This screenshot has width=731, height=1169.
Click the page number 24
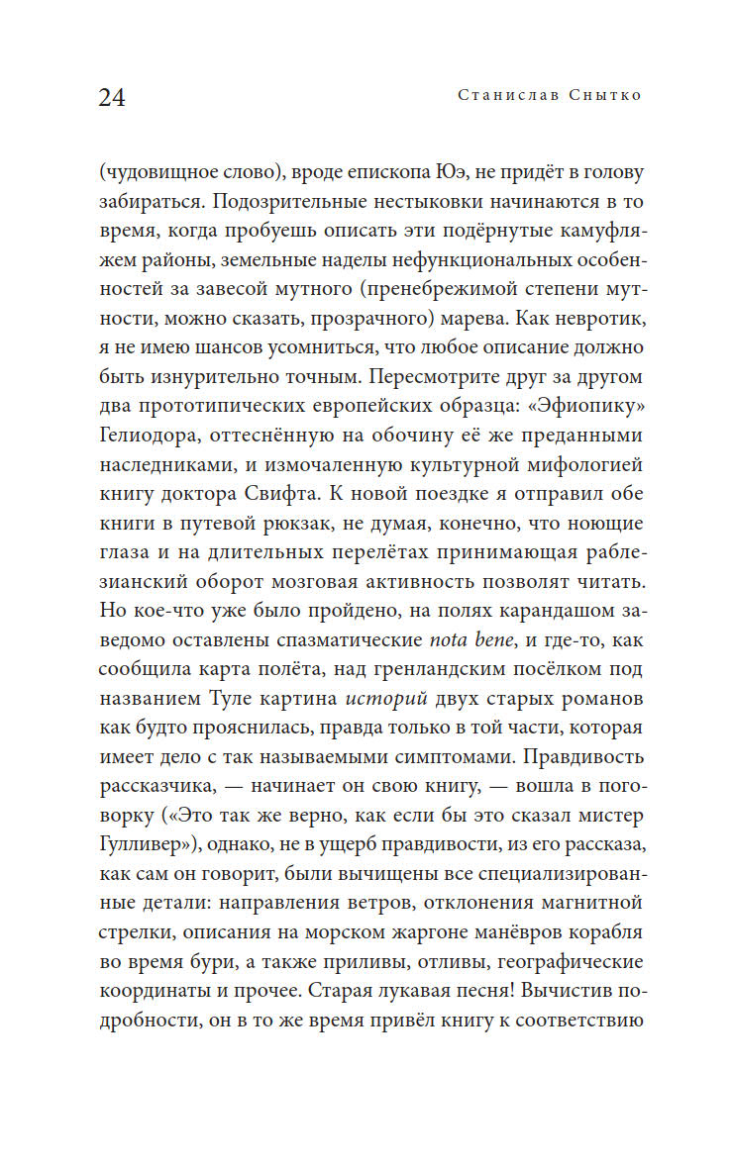[112, 98]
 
